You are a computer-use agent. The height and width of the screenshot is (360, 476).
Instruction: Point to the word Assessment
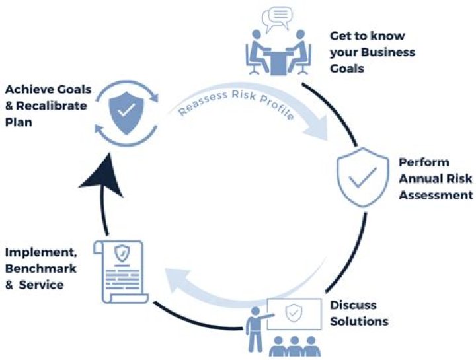pyautogui.click(x=436, y=195)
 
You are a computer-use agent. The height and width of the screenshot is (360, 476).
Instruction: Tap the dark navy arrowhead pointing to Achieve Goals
pyautogui.click(x=106, y=173)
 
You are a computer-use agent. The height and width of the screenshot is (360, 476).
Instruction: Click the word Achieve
pyautogui.click(x=26, y=88)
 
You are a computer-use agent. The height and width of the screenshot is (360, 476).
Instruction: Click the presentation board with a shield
pyautogui.click(x=294, y=316)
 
